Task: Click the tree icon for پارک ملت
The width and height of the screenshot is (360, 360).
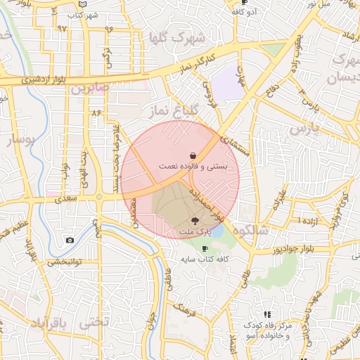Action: pos(195,220)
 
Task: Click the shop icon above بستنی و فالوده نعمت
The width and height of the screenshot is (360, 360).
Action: pos(193,155)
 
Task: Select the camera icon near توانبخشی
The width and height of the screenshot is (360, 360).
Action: pos(70,240)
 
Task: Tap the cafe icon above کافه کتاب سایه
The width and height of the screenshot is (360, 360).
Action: pos(205,248)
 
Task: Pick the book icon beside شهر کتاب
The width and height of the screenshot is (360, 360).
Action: pos(84,4)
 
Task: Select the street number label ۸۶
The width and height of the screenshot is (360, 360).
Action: pos(96,112)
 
